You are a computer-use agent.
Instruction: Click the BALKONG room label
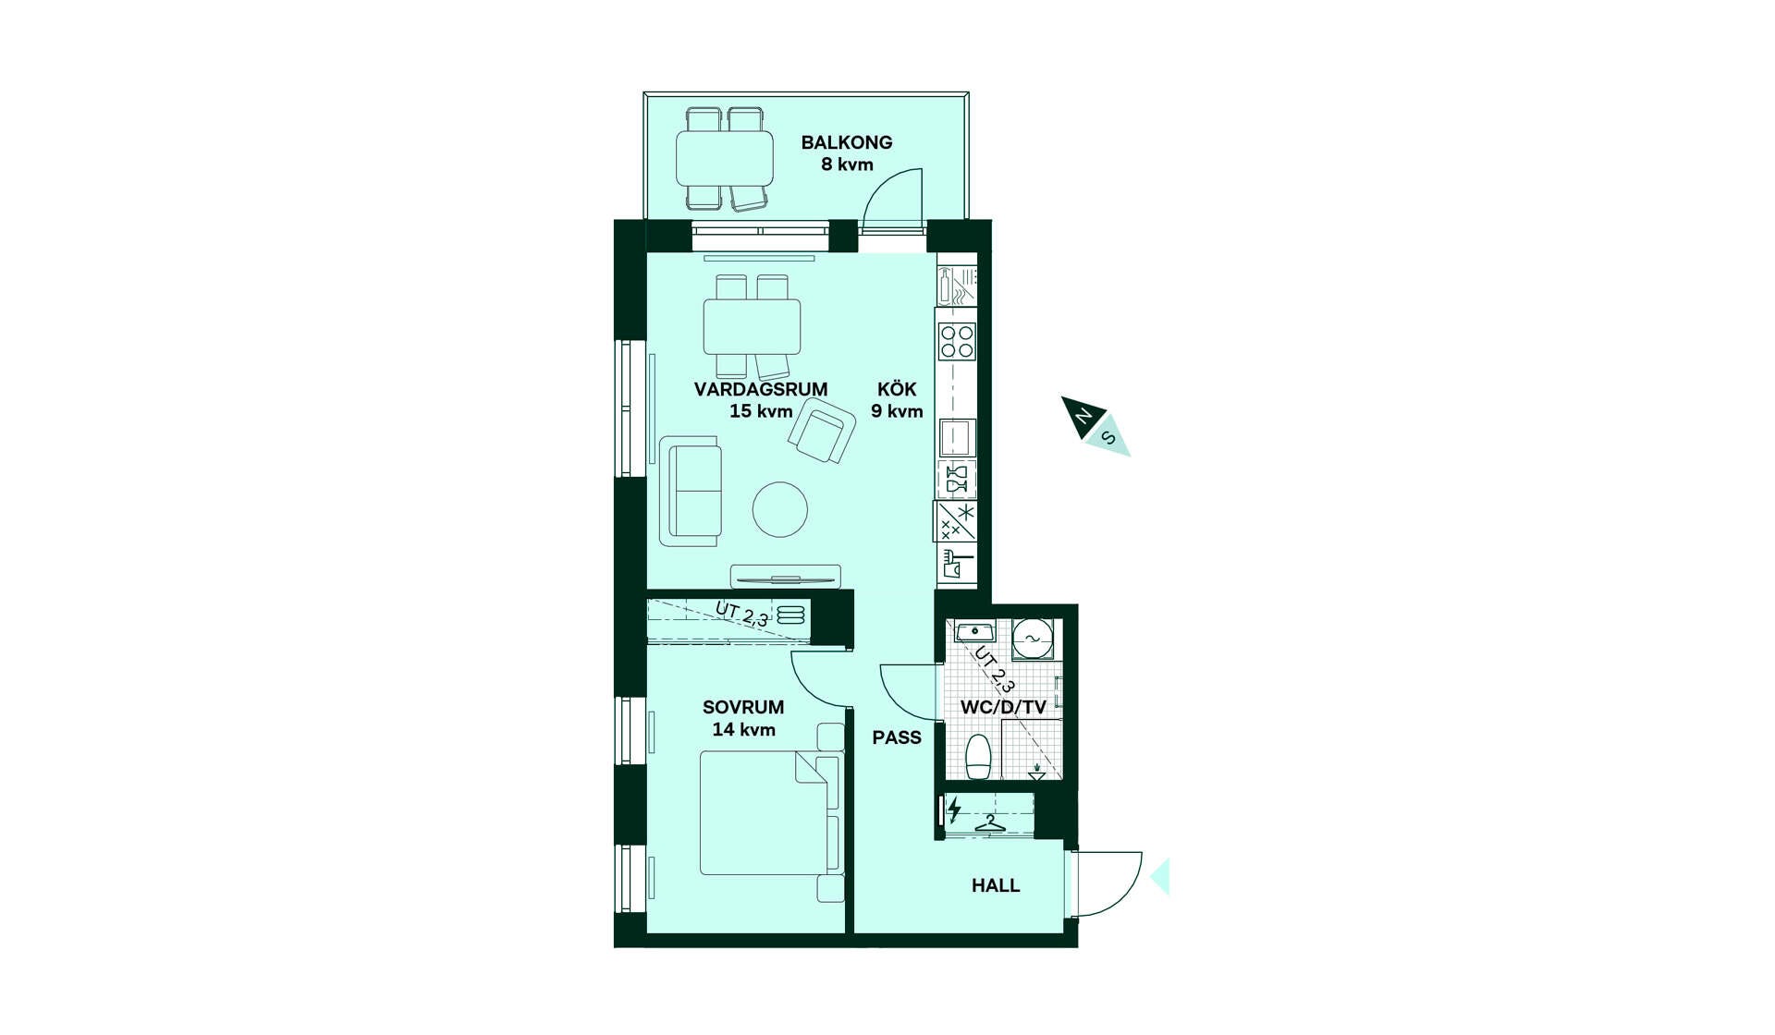pyautogui.click(x=846, y=142)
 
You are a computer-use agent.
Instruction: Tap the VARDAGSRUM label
pyautogui.click(x=760, y=389)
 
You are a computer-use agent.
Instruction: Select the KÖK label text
pyautogui.click(x=897, y=389)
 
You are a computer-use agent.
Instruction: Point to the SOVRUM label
pyautogui.click(x=743, y=707)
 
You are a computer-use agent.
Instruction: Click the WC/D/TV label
pyautogui.click(x=1003, y=708)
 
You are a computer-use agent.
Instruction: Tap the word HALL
pyautogui.click(x=996, y=885)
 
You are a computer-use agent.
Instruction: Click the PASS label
pyautogui.click(x=897, y=737)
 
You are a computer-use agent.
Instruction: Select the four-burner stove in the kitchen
pyautogui.click(x=957, y=341)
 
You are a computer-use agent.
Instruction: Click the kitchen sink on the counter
pyautogui.click(x=958, y=437)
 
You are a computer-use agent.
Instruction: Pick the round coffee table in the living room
pyautogui.click(x=779, y=509)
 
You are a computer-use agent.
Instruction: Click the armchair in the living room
pyautogui.click(x=822, y=431)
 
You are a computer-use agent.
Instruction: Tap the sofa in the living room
pyautogui.click(x=691, y=491)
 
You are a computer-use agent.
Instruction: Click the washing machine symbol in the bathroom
pyautogui.click(x=1032, y=639)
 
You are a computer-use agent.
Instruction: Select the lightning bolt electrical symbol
pyautogui.click(x=954, y=810)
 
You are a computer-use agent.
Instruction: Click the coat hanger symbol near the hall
pyautogui.click(x=989, y=823)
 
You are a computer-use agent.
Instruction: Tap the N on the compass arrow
pyautogui.click(x=1082, y=418)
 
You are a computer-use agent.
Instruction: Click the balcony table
pyautogui.click(x=725, y=158)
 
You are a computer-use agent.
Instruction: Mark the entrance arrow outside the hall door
pyautogui.click(x=1160, y=876)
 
